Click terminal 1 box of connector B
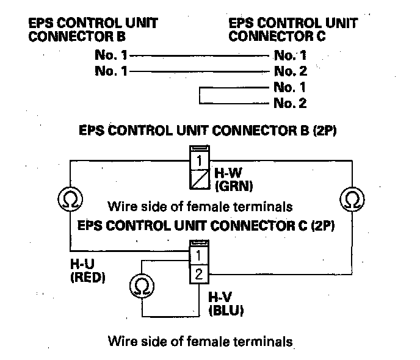pos(200,162)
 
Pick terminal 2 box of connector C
pos(198,273)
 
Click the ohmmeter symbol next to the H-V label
pos(143,286)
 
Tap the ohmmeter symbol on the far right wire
pos(350,199)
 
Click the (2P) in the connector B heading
pos(325,131)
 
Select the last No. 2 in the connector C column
pos(290,103)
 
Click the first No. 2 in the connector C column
pos(290,71)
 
